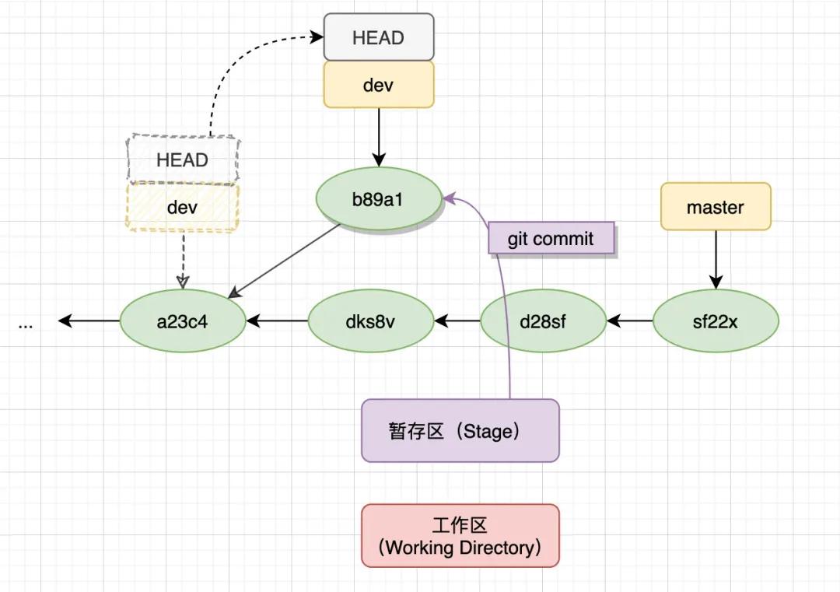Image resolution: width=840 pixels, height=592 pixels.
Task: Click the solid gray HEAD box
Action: [x=379, y=37]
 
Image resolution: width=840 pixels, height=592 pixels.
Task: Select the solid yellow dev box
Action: [x=379, y=85]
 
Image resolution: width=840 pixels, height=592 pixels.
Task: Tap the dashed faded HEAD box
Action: [x=183, y=160]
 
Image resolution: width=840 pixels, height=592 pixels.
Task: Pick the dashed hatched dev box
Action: [x=183, y=208]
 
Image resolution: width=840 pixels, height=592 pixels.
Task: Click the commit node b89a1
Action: [x=379, y=199]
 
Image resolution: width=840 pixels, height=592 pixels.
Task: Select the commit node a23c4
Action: [x=183, y=321]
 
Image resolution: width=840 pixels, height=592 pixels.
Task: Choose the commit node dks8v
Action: [x=371, y=321]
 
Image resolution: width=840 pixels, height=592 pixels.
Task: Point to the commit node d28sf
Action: [x=543, y=321]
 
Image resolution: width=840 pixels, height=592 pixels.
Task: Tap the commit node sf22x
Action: [x=716, y=321]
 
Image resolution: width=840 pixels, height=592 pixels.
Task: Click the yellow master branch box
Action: [x=716, y=207]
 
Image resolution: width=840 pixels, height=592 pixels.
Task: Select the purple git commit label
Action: [x=551, y=239]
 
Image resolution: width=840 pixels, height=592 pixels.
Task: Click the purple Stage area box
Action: [x=460, y=431]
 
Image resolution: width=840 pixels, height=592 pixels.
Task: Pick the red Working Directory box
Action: [x=460, y=536]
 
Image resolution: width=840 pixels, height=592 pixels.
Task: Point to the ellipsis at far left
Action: [x=26, y=324]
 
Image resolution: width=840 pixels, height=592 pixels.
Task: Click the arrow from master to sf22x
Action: [x=716, y=260]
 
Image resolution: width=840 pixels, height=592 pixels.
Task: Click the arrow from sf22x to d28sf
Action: [x=629, y=321]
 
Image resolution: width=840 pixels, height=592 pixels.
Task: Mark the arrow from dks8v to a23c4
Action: [x=277, y=321]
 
